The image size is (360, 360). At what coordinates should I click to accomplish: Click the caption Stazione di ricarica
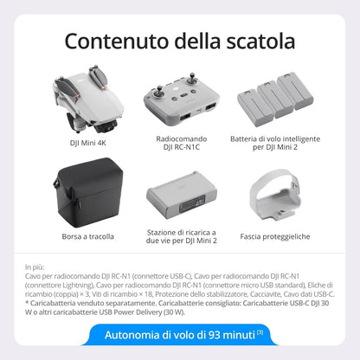[x=181, y=231]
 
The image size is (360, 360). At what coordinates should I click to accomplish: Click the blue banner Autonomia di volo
[x=179, y=334]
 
